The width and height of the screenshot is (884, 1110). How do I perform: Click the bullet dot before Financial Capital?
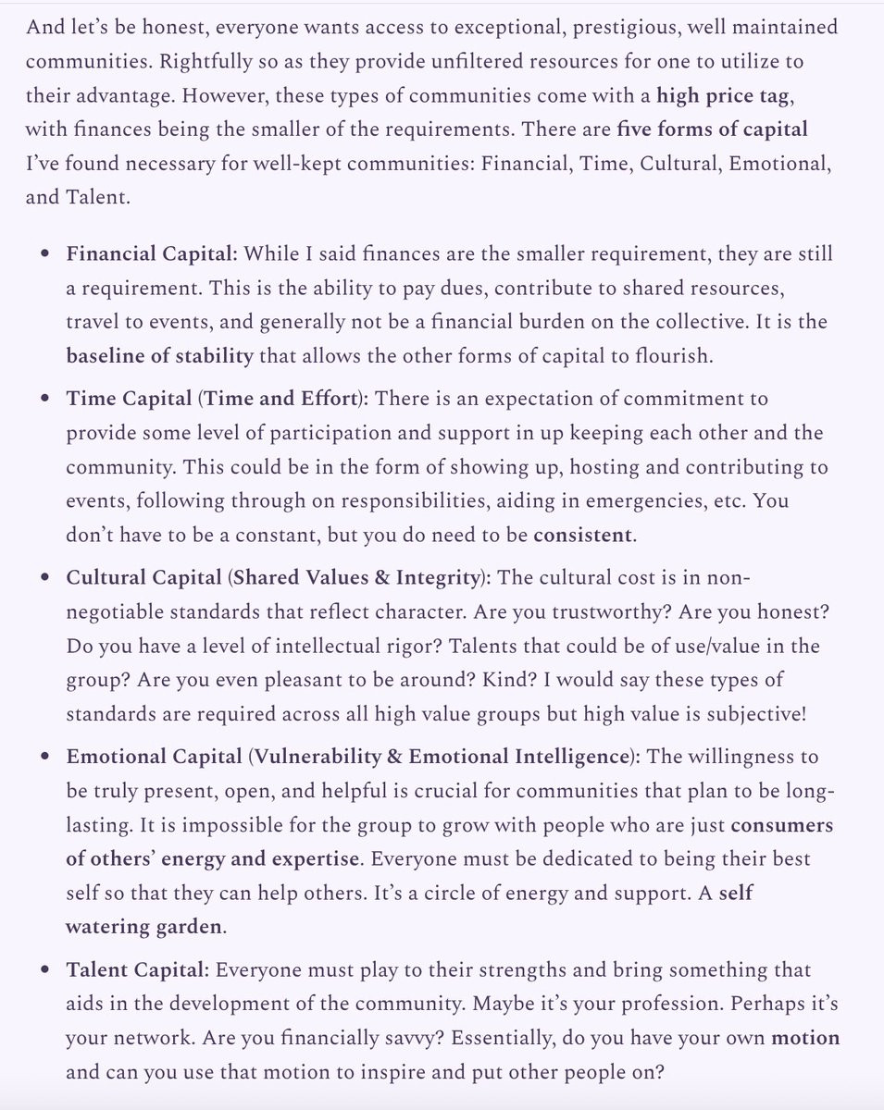pos(44,254)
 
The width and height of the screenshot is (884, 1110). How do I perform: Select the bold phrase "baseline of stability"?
pos(159,356)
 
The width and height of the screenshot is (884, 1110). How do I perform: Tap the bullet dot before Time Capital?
pos(44,400)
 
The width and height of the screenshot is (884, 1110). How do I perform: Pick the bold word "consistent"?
pos(584,535)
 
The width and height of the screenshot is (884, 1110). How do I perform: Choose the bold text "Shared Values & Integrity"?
pos(356,578)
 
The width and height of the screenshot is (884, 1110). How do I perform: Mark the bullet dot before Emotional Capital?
pos(44,757)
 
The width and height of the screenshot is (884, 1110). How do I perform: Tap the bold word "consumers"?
pos(781,824)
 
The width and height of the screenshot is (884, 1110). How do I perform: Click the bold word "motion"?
pos(805,1038)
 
